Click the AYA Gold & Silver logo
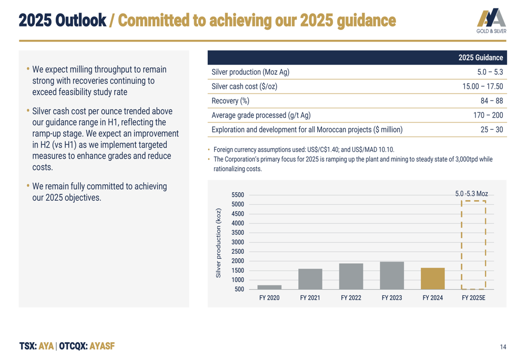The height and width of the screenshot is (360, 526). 492,22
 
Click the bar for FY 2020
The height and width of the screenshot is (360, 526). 269,287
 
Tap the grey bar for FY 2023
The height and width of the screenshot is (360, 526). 392,275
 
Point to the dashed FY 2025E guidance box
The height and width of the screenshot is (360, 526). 473,245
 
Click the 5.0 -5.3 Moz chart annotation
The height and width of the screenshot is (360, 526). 472,194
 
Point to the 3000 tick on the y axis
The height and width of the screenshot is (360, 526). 238,242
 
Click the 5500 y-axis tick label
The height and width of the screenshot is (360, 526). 238,195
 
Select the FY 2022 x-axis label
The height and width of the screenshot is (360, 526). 351,298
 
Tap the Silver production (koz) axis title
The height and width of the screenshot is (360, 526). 219,243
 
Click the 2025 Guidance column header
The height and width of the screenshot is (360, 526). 480,58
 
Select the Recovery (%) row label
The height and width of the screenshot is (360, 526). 230,101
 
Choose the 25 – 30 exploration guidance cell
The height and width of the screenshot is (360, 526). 492,129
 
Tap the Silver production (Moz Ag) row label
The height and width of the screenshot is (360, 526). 250,73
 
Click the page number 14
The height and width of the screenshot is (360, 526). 503,347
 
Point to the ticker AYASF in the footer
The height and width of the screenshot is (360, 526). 102,346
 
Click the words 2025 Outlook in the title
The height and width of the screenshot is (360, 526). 62,20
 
